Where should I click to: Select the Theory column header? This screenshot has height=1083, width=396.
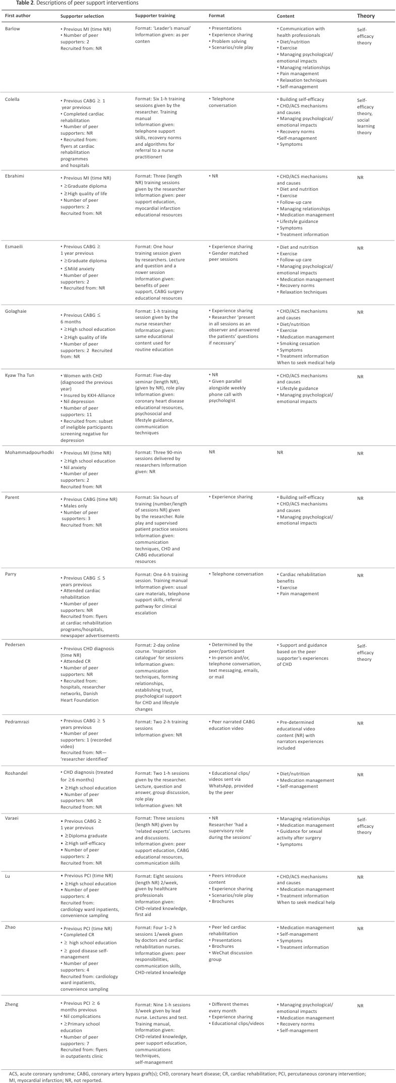366,16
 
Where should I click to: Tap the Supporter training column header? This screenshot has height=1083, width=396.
155,16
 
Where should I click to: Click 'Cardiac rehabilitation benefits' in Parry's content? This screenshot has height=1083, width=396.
302,578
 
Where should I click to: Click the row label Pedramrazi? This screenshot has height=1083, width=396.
17,722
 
